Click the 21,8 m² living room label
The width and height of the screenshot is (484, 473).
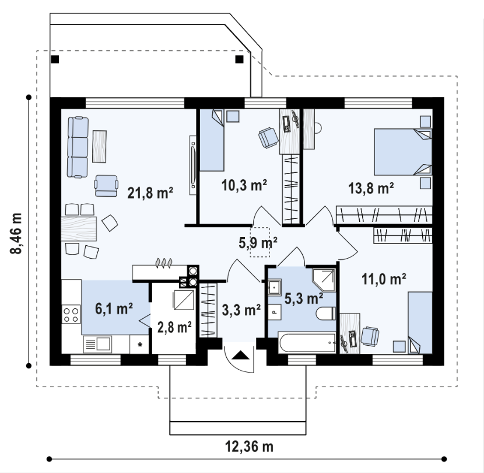click(150, 193)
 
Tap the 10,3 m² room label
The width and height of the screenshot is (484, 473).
click(244, 185)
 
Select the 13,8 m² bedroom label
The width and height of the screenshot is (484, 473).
click(371, 188)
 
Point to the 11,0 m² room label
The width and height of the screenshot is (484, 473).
click(384, 279)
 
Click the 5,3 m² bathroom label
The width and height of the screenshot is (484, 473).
click(304, 298)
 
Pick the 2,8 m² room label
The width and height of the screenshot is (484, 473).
click(174, 328)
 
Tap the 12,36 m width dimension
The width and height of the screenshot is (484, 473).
click(249, 446)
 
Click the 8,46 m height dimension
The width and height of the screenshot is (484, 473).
click(16, 234)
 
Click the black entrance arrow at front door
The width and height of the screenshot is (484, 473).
click(240, 355)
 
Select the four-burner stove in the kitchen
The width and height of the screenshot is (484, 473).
click(71, 314)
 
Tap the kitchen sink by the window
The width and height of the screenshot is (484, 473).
click(97, 344)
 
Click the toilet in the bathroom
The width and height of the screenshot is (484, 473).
click(326, 313)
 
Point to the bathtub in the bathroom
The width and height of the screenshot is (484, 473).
click(307, 343)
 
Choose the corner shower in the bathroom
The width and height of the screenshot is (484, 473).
click(324, 280)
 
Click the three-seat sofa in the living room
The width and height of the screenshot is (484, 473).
click(78, 147)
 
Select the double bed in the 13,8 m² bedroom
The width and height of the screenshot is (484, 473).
click(403, 152)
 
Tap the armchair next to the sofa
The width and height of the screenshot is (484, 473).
click(106, 186)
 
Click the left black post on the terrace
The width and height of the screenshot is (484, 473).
click(55, 59)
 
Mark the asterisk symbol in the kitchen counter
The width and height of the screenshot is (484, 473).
click(140, 345)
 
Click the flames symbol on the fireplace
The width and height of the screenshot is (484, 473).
click(164, 263)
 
